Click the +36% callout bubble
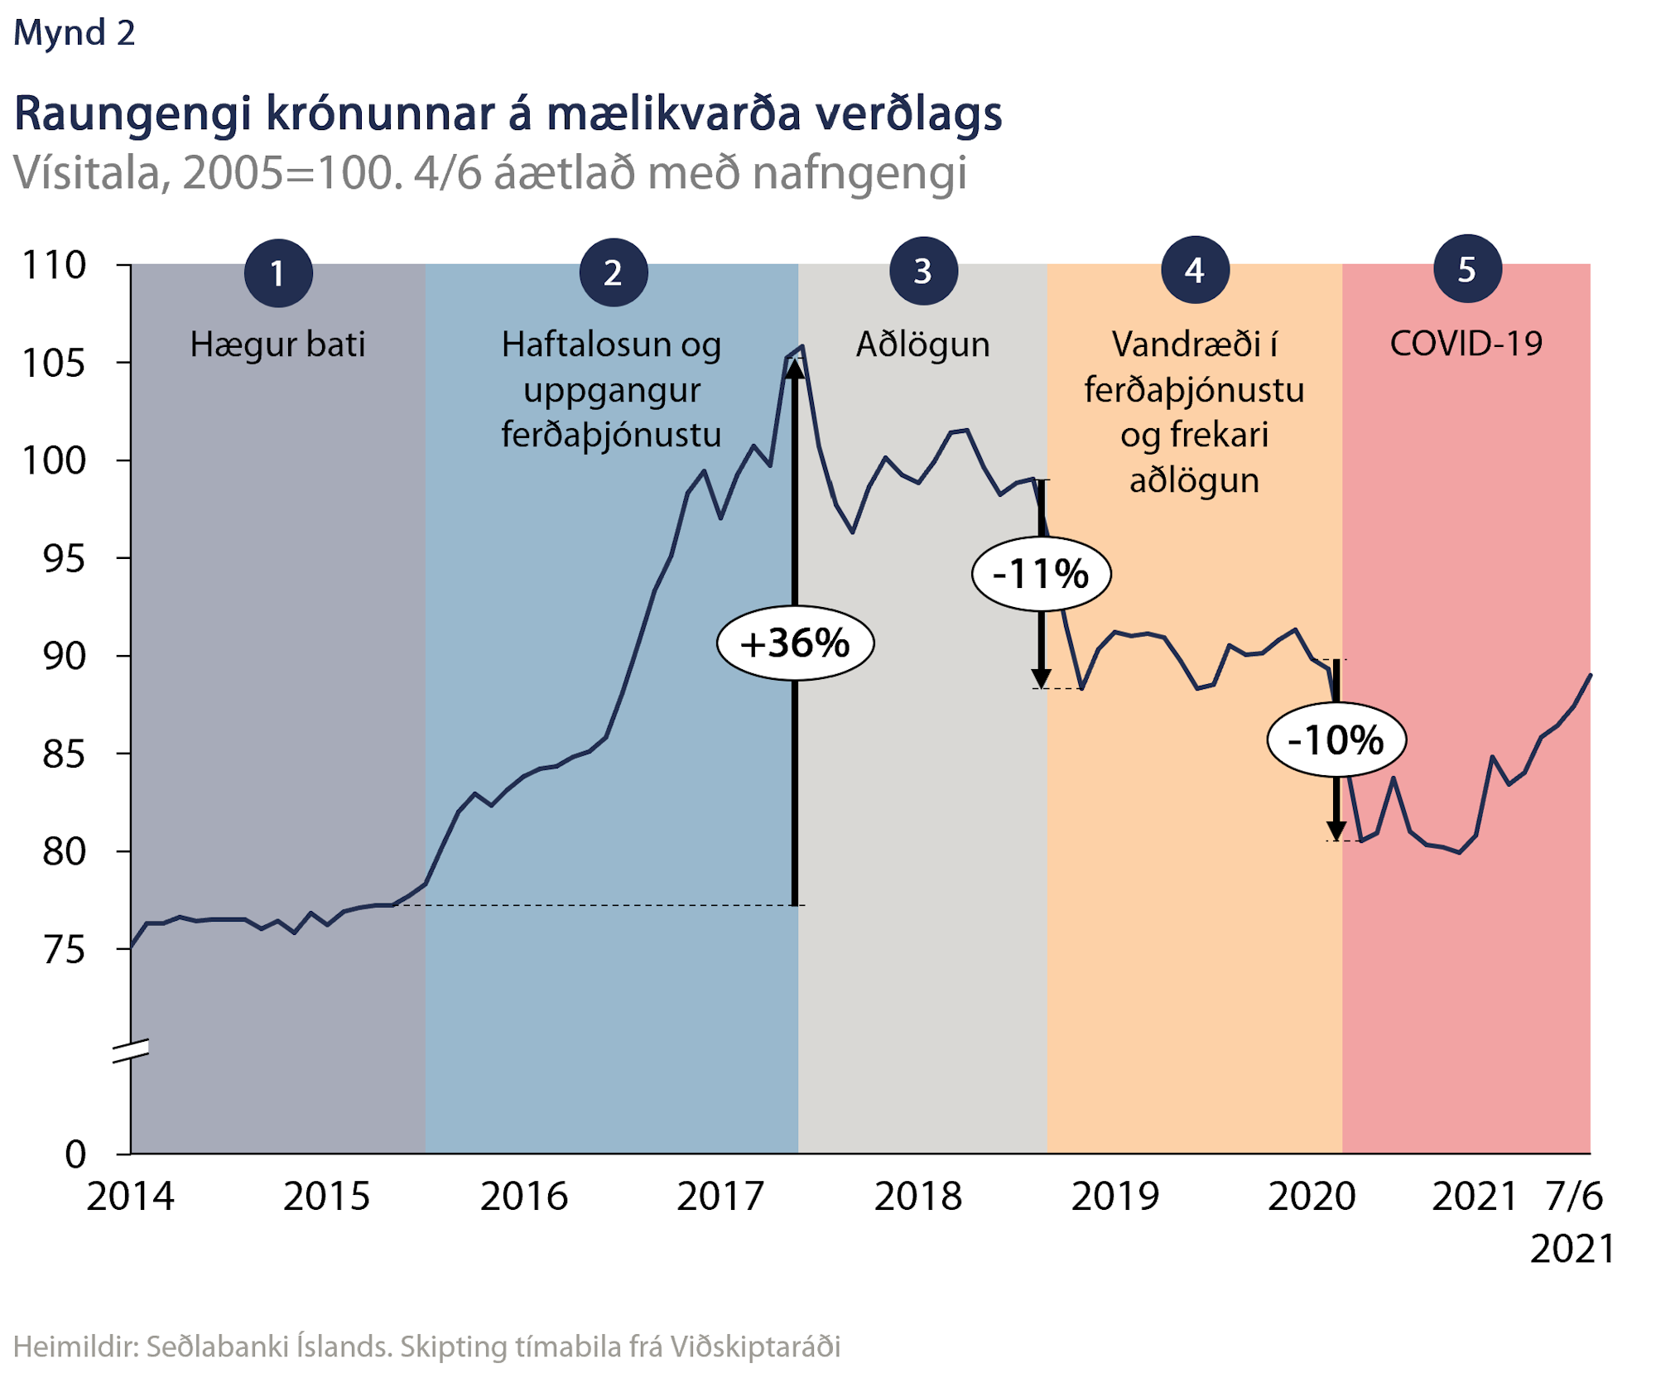795,643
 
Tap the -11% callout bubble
1041,574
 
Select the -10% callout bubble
1336,740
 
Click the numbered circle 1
278,273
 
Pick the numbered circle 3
923,272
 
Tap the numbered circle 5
1467,270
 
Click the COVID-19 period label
1466,344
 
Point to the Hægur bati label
277,344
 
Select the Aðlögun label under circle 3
922,344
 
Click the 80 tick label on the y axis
64,851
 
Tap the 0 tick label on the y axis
75,1154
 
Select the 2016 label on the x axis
524,1197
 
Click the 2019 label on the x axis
1115,1197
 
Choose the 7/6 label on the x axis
1574,1197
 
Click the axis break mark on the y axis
131,1050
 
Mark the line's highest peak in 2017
802,347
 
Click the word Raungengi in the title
132,114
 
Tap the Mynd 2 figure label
75,33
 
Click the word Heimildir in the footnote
75,1347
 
